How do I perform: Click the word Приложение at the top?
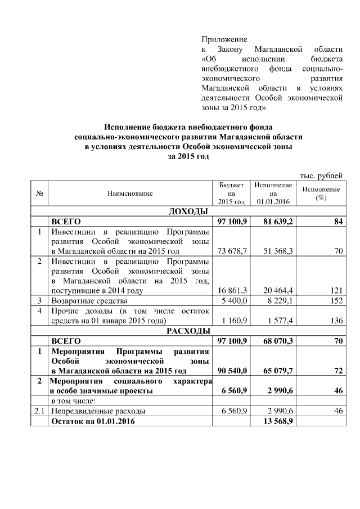coord(224,39)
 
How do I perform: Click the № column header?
coord(40,193)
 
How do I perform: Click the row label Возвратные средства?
coord(89,301)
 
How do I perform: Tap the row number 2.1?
coord(39,411)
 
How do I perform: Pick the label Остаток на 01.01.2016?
coord(93,421)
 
